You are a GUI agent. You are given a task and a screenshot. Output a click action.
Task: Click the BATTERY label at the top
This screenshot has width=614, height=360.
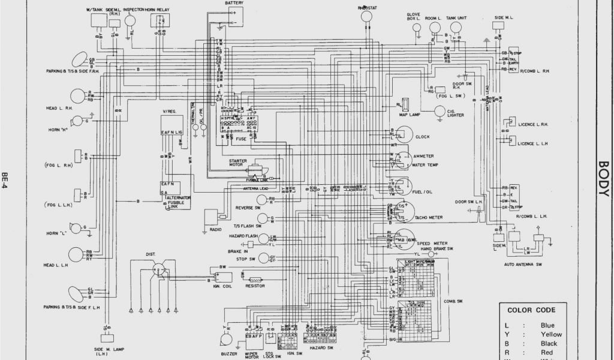coord(234,3)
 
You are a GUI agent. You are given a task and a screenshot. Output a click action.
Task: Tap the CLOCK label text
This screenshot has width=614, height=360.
coord(423,137)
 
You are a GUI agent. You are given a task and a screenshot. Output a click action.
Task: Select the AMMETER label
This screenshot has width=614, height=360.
coord(423,156)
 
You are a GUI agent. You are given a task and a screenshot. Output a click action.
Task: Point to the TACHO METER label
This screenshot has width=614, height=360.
coord(428,217)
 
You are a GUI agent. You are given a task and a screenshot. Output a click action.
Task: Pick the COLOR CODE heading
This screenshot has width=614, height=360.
coord(531,310)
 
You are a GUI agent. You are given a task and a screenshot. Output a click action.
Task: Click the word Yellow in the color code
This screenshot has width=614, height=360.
coord(551,335)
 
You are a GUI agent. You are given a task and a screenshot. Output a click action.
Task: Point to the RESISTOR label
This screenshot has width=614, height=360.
coord(255,287)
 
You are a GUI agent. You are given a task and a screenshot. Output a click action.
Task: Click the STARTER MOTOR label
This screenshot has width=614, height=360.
coord(238,164)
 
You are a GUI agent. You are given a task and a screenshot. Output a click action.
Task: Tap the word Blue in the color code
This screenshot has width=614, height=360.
coord(547,325)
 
